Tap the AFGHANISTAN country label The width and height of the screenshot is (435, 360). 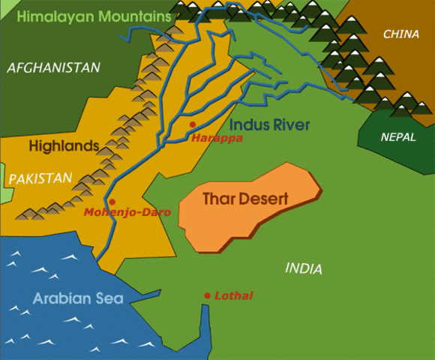(x=53, y=68)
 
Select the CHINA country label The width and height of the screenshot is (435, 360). (x=400, y=34)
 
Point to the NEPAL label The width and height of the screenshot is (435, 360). (x=397, y=138)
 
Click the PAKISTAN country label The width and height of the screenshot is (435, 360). (x=40, y=178)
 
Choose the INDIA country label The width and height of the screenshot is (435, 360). (x=304, y=268)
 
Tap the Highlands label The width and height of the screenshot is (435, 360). (x=64, y=146)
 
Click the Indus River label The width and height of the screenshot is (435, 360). (x=270, y=124)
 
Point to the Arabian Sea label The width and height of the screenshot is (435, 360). (x=77, y=298)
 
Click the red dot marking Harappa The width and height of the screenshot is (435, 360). (x=193, y=124)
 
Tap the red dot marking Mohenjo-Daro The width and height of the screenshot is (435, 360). (x=112, y=201)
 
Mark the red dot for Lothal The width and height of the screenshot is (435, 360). (x=207, y=296)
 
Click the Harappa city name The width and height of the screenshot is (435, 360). (x=217, y=138)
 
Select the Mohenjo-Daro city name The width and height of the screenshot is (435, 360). (x=127, y=213)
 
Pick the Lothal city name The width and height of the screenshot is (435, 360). (x=232, y=296)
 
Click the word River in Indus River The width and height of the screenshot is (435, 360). (x=291, y=124)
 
